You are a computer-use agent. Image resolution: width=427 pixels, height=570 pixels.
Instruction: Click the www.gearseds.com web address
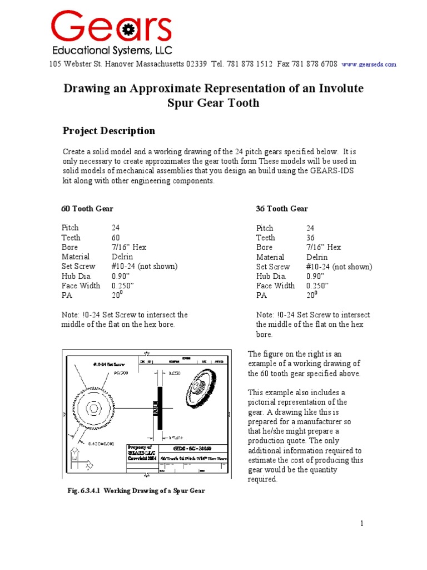369,65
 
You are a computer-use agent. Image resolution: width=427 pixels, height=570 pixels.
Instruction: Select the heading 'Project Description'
108,131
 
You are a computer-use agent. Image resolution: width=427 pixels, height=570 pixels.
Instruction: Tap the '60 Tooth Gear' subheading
87,209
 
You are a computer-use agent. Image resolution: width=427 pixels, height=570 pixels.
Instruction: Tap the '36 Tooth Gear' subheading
281,209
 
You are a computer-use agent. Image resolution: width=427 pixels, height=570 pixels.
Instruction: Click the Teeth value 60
116,237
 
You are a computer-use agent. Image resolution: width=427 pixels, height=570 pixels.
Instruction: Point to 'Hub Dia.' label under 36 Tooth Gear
271,276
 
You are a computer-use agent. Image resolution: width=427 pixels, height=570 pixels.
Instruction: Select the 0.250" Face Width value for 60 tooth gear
123,286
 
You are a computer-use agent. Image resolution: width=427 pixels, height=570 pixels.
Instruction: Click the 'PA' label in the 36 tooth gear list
261,296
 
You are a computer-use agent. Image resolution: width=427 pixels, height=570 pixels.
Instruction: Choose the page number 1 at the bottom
361,523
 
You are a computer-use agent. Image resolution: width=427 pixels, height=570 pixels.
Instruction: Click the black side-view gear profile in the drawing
160,408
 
